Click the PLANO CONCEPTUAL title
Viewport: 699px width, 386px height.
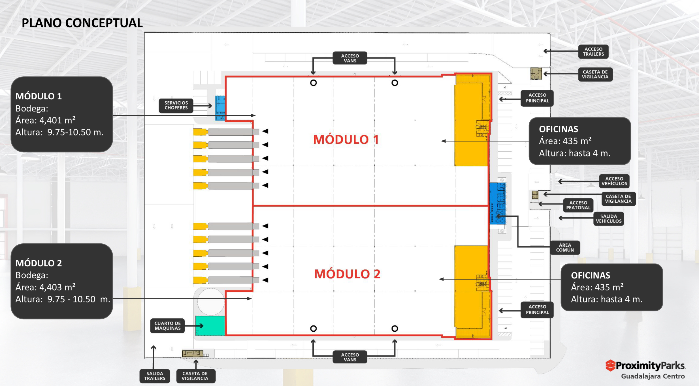(82, 23)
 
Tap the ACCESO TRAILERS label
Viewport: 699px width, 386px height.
(593, 52)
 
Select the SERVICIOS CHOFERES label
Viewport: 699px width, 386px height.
(176, 106)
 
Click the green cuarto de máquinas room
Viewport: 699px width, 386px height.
(210, 326)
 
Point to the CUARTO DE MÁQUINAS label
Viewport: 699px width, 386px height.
(167, 326)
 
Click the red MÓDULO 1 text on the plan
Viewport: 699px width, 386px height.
(346, 140)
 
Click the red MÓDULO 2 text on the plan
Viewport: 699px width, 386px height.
(347, 274)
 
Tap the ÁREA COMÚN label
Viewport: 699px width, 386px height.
(565, 248)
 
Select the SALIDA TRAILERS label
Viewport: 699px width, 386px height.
(155, 376)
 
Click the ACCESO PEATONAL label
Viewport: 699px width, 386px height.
(578, 205)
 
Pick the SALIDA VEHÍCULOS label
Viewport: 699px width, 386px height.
(608, 219)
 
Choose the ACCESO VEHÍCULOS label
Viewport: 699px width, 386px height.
(614, 181)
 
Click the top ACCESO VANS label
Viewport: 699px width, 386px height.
(350, 58)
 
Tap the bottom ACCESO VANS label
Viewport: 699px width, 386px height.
(350, 357)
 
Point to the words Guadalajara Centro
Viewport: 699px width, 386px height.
(653, 376)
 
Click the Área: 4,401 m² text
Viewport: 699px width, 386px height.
(45, 120)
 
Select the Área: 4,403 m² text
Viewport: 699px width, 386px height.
(45, 287)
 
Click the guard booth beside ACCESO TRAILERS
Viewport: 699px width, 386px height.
(536, 74)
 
